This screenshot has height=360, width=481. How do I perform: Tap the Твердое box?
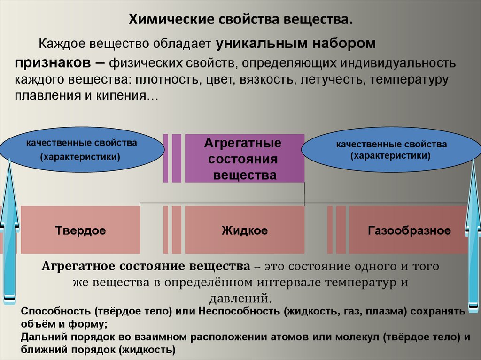[x=80, y=230]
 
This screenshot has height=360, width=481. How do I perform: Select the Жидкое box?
[x=244, y=230]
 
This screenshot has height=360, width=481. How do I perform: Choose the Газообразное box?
[x=409, y=230]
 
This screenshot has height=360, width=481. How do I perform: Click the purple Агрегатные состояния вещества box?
[x=244, y=158]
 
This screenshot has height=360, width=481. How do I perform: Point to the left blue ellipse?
[x=82, y=149]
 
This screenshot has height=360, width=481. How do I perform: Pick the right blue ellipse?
[x=391, y=149]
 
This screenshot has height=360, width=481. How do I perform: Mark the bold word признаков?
[x=53, y=63]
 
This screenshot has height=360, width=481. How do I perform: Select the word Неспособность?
[x=239, y=311]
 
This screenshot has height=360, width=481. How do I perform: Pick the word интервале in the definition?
[x=289, y=282]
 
